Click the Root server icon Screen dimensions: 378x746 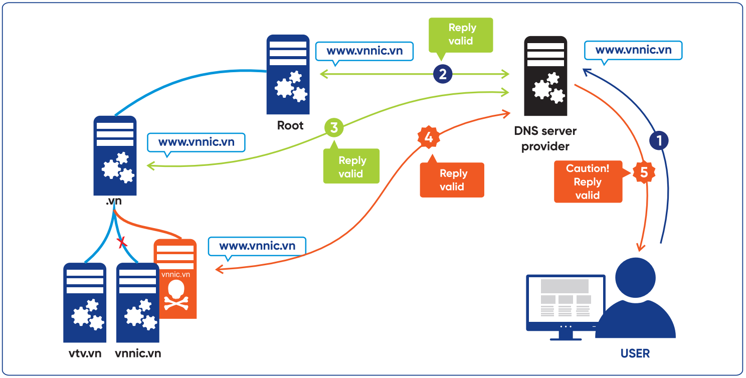pyautogui.click(x=288, y=75)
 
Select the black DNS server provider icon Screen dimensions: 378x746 pyautogui.click(x=545, y=76)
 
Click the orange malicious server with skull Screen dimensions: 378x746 pyautogui.click(x=175, y=279)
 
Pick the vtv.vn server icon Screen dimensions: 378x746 pyautogui.click(x=85, y=303)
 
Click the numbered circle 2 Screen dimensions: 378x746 pyautogui.click(x=443, y=75)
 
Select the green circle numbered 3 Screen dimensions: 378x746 pyautogui.click(x=334, y=128)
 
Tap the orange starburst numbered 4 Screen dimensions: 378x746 pyautogui.click(x=429, y=137)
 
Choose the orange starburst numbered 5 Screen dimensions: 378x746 pyautogui.click(x=644, y=172)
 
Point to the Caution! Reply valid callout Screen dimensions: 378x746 pyautogui.click(x=588, y=181)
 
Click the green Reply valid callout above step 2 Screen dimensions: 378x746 pyautogui.click(x=461, y=35)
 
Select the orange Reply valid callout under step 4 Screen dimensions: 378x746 pyautogui.click(x=452, y=180)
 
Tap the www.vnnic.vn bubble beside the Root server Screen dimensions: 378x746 pyautogui.click(x=364, y=51)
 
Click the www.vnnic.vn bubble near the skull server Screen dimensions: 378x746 pyautogui.click(x=257, y=246)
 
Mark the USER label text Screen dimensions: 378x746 pyautogui.click(x=635, y=353)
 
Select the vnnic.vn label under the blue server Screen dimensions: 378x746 pyautogui.click(x=138, y=353)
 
